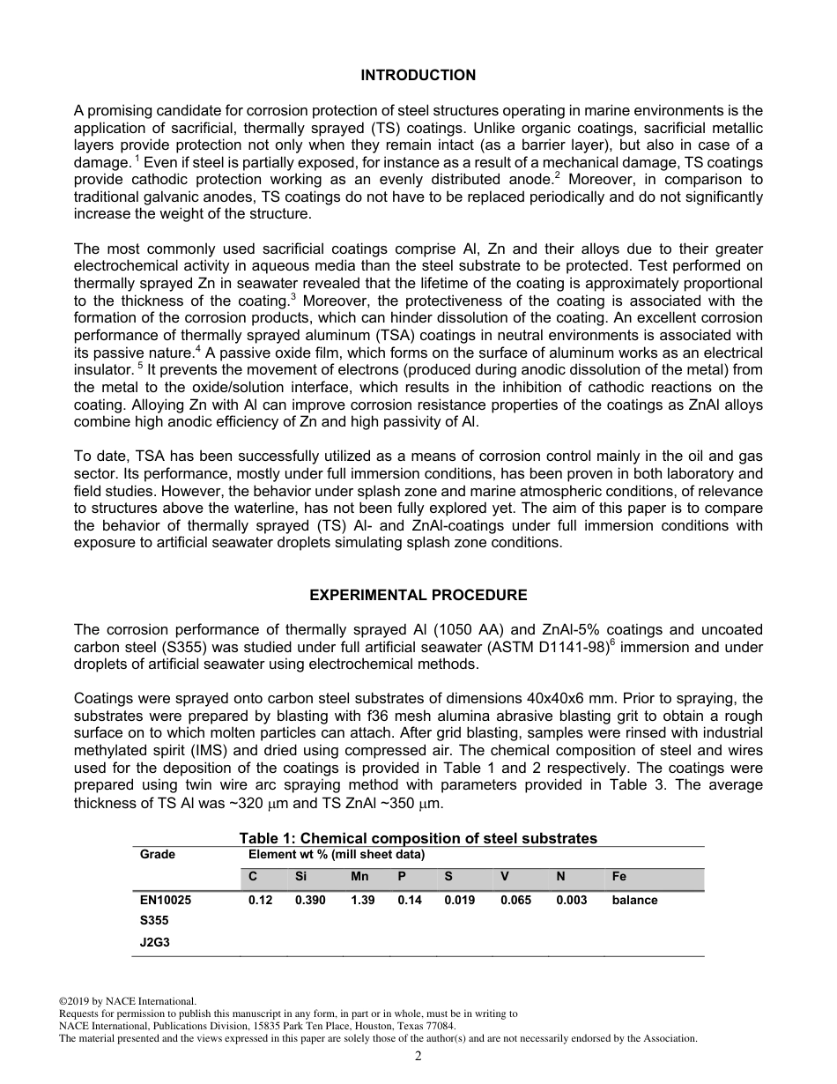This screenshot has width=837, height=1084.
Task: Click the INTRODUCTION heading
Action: pyautogui.click(x=418, y=75)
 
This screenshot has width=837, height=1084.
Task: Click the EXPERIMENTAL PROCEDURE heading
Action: pyautogui.click(x=418, y=595)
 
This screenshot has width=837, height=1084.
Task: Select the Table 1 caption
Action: pyautogui.click(x=418, y=838)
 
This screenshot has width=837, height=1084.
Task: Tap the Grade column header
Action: pyautogui.click(x=158, y=854)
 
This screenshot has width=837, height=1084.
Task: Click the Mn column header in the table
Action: pyautogui.click(x=359, y=877)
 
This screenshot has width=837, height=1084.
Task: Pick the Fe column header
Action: pyautogui.click(x=619, y=877)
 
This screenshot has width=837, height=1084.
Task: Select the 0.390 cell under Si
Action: pyautogui.click(x=310, y=900)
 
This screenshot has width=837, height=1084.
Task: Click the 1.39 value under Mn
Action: pyautogui.click(x=362, y=900)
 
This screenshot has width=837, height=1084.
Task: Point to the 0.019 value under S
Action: pyautogui.click(x=459, y=900)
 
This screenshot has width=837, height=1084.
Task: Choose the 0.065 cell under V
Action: pyautogui.click(x=515, y=900)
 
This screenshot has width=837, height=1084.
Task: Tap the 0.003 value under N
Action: pyautogui.click(x=571, y=900)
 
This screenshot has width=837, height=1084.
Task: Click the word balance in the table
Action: pyautogui.click(x=634, y=900)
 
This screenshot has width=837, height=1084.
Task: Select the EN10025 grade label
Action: pyautogui.click(x=166, y=900)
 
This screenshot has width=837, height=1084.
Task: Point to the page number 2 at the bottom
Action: pyautogui.click(x=418, y=1056)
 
